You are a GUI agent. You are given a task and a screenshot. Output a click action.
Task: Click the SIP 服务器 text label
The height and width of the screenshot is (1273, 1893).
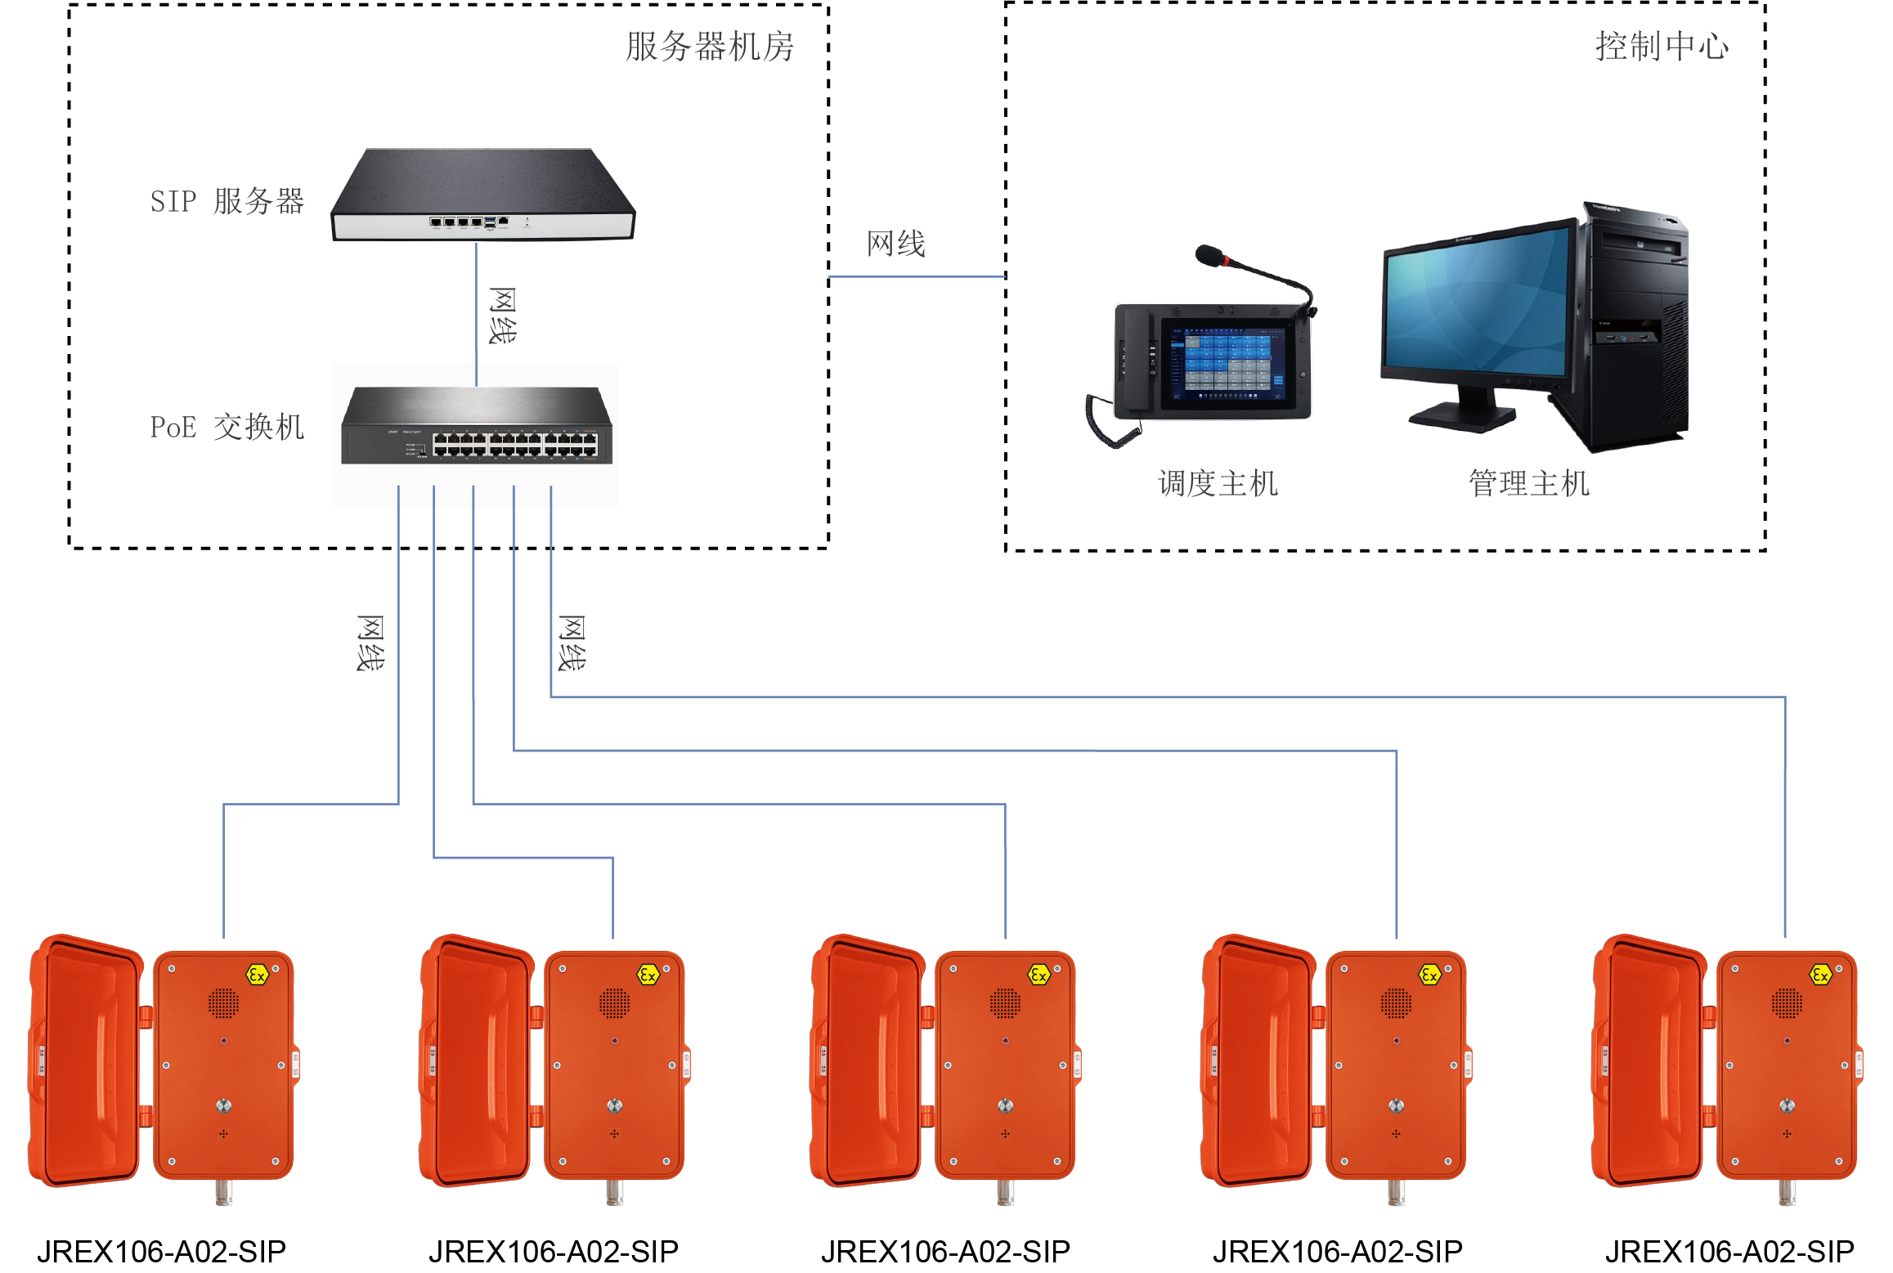tap(227, 201)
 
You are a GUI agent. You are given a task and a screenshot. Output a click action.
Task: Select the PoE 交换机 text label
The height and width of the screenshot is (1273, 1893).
tap(227, 427)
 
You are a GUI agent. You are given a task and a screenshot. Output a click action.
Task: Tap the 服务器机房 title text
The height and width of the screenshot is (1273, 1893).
tap(710, 47)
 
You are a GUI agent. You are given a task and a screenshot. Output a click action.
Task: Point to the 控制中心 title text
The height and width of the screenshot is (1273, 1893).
tap(1662, 47)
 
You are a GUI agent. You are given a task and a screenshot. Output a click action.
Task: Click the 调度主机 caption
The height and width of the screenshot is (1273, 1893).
tap(1218, 483)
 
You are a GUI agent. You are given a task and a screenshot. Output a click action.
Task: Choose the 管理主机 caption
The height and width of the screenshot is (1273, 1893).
tap(1529, 483)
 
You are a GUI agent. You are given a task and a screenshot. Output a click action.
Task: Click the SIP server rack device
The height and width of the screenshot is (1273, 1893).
tap(482, 195)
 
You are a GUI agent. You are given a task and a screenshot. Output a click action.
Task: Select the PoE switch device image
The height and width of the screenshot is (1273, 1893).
tap(477, 425)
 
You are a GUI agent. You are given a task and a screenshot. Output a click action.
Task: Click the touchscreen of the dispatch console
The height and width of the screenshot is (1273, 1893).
tap(1223, 365)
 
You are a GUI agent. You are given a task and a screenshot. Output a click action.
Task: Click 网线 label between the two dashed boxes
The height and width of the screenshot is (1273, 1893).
tap(896, 244)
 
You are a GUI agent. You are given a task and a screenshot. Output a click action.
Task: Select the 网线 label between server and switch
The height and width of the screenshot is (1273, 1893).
tap(502, 316)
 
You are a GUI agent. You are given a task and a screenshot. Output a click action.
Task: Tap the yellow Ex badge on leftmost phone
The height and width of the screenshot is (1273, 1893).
tap(258, 975)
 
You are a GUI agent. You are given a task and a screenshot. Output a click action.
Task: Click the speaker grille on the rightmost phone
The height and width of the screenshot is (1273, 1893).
tap(1787, 1003)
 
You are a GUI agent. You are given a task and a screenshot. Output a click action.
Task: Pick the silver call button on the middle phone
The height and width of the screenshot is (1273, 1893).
tap(1006, 1105)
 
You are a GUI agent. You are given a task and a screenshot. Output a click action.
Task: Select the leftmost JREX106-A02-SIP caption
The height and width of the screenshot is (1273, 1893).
tap(162, 1251)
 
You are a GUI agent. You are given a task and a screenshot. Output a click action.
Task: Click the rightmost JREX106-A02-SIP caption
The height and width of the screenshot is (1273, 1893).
tap(1729, 1251)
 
